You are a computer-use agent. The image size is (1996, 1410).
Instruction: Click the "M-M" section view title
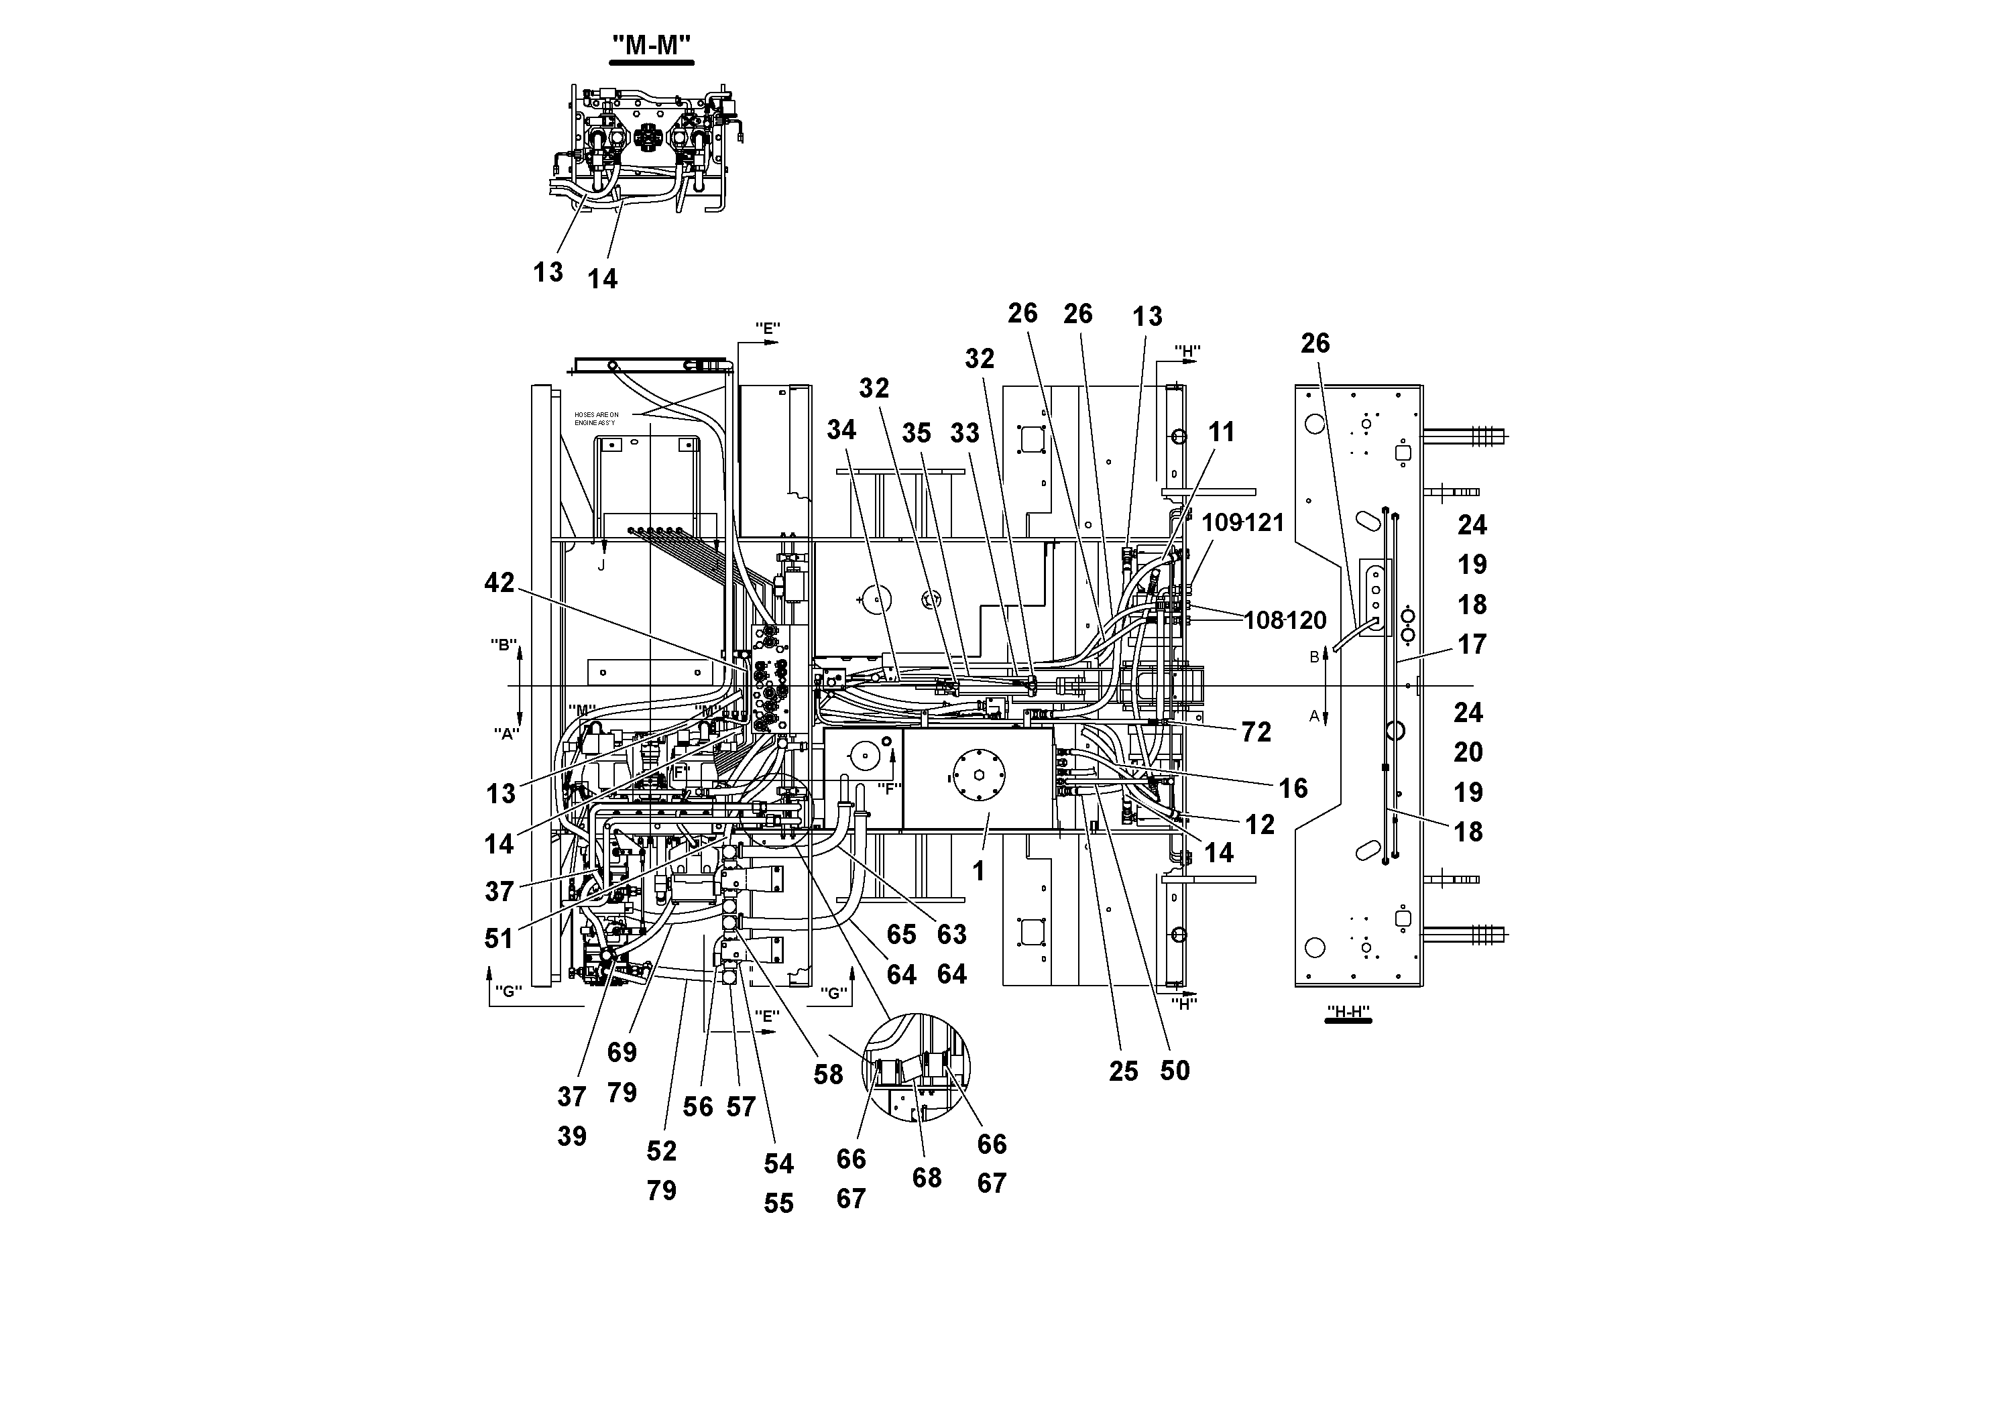[x=651, y=44]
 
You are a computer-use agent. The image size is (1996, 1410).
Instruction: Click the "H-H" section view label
[x=1348, y=1012]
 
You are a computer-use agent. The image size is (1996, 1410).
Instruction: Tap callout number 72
[x=1256, y=732]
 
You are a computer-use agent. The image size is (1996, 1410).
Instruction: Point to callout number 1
[x=978, y=870]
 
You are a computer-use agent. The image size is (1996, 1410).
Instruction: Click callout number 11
[x=1222, y=431]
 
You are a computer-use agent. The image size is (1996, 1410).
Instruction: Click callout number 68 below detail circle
[x=927, y=1177]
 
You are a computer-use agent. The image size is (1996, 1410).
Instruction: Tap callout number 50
[x=1175, y=1070]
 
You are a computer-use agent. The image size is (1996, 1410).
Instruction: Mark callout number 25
[x=1123, y=1071]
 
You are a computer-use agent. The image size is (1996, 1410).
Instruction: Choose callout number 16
[x=1293, y=788]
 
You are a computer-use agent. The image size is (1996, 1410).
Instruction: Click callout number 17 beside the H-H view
[x=1472, y=644]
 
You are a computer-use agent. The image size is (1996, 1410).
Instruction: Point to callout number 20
[x=1468, y=752]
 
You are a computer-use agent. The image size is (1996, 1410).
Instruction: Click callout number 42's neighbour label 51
[x=499, y=938]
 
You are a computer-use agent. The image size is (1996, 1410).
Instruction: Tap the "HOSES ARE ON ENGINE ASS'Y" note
[x=596, y=418]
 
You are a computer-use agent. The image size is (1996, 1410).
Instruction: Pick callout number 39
[x=572, y=1136]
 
